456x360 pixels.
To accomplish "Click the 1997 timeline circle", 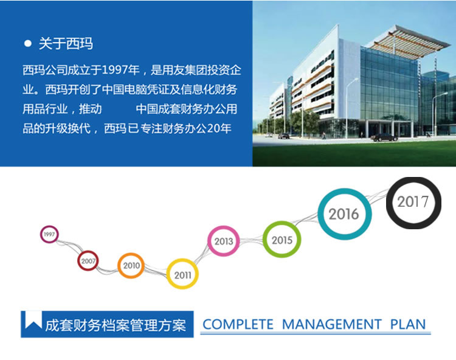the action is point(41,234).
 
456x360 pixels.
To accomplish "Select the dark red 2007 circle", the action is point(78,260).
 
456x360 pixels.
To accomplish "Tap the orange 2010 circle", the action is point(119,266).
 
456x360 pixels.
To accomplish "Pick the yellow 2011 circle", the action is point(168,274).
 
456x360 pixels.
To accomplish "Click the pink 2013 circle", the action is point(209,241).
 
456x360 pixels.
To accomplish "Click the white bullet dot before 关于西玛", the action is point(28,44).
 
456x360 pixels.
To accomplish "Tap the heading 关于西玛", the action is point(66,44).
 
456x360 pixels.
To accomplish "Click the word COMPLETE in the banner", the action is point(238,324).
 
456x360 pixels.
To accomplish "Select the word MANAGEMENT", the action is point(332,324).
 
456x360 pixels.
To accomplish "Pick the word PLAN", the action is point(408,324).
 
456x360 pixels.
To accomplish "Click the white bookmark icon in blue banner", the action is point(33,320).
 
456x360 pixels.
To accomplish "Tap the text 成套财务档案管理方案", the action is point(116,325).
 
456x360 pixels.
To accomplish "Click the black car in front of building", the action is point(384,137).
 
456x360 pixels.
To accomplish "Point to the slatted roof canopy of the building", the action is point(410,42).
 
